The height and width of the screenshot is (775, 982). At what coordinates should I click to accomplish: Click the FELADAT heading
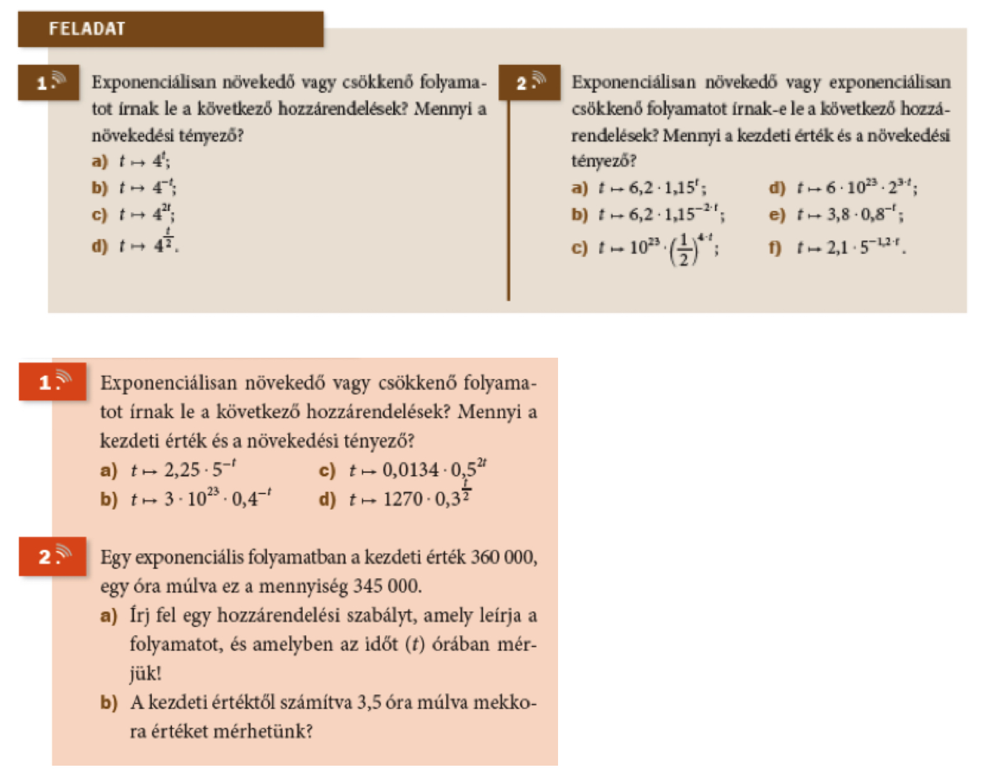pyautogui.click(x=87, y=29)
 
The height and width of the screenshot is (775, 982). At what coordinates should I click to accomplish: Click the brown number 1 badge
pyautogui.click(x=48, y=82)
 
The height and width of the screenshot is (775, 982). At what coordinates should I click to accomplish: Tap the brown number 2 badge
pyautogui.click(x=529, y=82)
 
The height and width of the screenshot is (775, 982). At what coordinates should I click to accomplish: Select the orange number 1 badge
pyautogui.click(x=53, y=381)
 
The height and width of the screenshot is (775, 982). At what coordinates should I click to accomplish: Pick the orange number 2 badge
pyautogui.click(x=53, y=556)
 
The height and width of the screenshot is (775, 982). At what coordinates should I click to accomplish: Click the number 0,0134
pyautogui.click(x=410, y=470)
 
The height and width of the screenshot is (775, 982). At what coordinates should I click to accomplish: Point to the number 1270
pyautogui.click(x=403, y=499)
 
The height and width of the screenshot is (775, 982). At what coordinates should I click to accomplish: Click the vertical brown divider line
pyautogui.click(x=508, y=199)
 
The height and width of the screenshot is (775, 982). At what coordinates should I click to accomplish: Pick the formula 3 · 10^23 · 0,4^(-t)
pyautogui.click(x=217, y=498)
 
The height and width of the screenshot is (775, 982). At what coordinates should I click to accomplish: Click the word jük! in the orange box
pyautogui.click(x=145, y=673)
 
